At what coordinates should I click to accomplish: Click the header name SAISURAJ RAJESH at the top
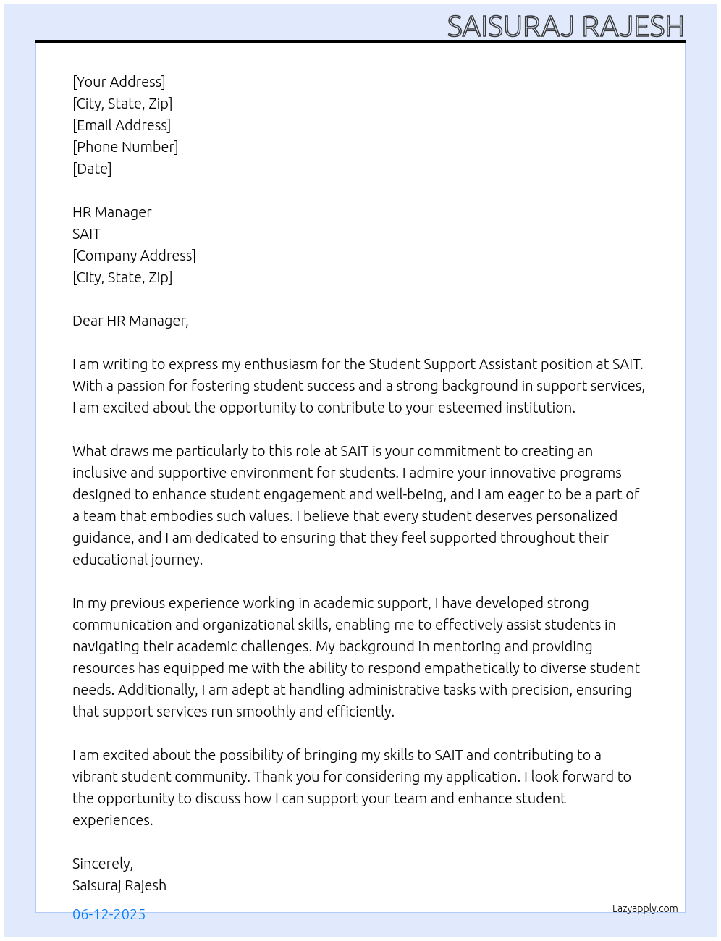[x=565, y=27]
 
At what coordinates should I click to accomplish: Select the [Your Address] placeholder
[x=119, y=82]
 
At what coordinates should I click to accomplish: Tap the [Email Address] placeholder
[x=122, y=125]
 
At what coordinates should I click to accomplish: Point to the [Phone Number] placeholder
[x=125, y=147]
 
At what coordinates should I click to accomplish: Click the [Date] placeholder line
[x=92, y=169]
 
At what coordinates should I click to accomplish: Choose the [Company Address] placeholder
[x=134, y=256]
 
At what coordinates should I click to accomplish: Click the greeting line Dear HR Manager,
[x=130, y=321]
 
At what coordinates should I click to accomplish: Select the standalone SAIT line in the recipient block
[x=86, y=234]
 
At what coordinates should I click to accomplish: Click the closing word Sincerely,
[x=103, y=864]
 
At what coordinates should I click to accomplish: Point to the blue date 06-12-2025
[x=109, y=914]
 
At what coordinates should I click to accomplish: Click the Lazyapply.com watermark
[x=645, y=908]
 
